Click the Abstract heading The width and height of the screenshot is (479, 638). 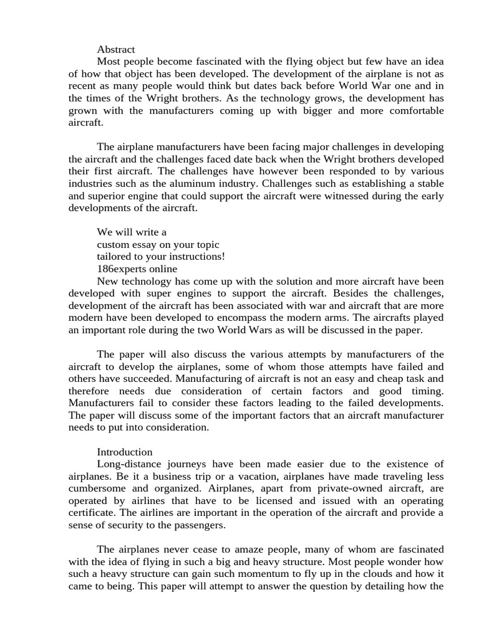click(x=116, y=49)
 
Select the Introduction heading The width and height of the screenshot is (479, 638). click(x=125, y=452)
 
